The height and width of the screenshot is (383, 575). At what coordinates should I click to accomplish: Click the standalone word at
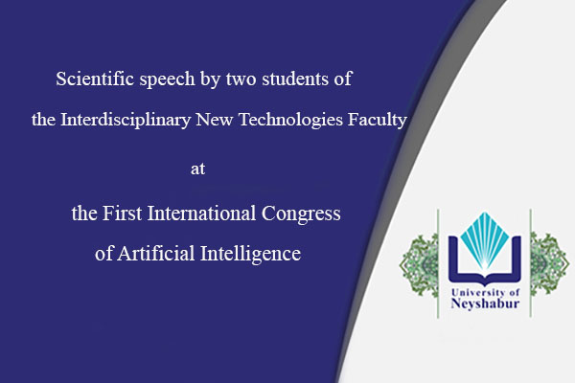[x=198, y=169]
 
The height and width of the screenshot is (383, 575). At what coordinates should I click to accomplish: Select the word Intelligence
[x=251, y=256]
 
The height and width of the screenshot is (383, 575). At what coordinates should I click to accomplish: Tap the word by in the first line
[x=208, y=79]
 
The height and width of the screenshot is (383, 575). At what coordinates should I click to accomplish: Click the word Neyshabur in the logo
[x=485, y=305]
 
